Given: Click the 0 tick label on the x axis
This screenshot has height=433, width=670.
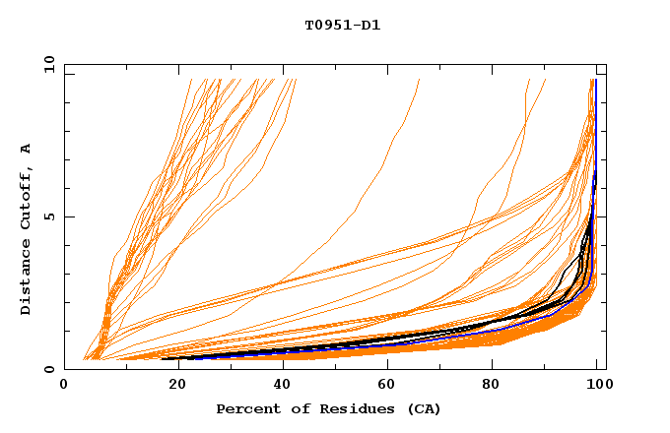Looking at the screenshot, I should [64, 385].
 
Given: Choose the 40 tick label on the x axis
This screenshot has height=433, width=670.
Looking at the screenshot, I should [278, 385].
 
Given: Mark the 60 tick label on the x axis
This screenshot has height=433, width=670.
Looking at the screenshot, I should [385, 385].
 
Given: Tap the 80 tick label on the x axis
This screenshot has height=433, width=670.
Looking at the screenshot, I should [492, 385].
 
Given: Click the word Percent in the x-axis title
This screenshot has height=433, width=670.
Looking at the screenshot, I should [247, 408].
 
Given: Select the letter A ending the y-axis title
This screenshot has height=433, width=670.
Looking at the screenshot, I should [26, 149].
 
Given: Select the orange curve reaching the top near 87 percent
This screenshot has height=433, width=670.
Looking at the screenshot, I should [525, 108].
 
